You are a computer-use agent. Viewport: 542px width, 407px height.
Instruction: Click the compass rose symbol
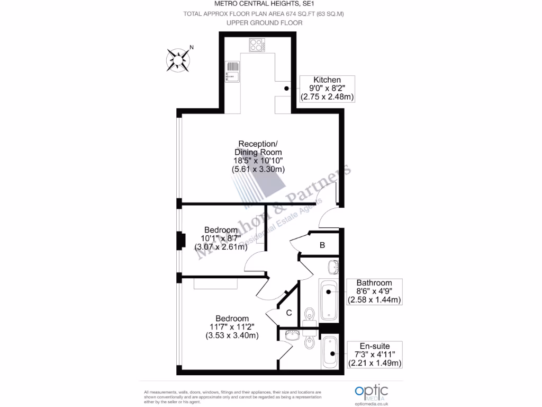click(178, 59)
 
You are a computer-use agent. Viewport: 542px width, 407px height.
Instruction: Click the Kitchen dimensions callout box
click(327, 89)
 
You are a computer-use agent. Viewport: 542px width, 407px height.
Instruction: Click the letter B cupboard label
click(322, 245)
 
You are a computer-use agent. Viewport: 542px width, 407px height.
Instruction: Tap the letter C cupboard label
click(289, 313)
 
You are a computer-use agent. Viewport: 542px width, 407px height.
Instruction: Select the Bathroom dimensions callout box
click(374, 291)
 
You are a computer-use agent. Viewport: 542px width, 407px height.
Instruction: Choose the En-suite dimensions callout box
click(374, 355)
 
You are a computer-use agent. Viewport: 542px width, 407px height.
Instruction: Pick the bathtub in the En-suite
click(330, 352)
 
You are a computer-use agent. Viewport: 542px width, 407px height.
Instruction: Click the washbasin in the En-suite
click(292, 334)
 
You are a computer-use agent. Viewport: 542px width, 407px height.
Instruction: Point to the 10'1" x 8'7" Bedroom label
click(221, 238)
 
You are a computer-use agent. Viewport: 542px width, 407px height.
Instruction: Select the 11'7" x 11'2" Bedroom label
click(232, 327)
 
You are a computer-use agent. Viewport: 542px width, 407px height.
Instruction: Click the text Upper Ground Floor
click(264, 23)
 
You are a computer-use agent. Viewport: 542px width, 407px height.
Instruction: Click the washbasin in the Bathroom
click(334, 266)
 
